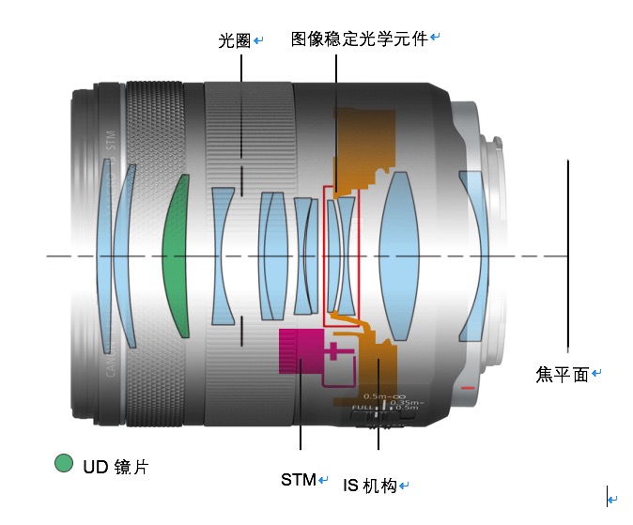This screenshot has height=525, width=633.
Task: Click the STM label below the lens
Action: click(299, 479)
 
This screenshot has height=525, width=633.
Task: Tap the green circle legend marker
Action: click(64, 463)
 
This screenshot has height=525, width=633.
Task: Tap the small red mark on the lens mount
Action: click(469, 388)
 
